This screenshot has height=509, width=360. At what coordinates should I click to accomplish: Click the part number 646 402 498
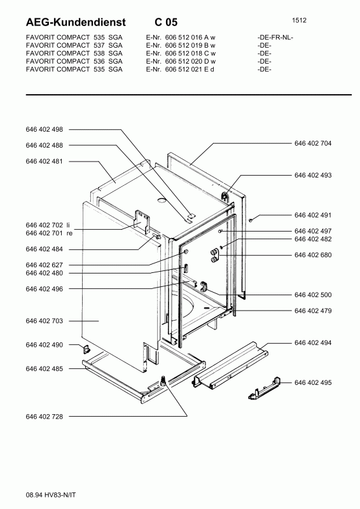pyautogui.click(x=45, y=129)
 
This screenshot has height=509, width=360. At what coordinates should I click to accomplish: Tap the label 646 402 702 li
pyautogui.click(x=48, y=226)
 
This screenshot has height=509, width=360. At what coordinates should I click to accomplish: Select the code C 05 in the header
pyautogui.click(x=166, y=22)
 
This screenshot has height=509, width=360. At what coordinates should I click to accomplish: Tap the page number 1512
pyautogui.click(x=301, y=20)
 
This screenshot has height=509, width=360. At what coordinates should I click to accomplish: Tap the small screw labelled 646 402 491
pyautogui.click(x=253, y=220)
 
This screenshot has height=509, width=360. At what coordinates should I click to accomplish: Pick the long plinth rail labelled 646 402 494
pyautogui.click(x=229, y=366)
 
